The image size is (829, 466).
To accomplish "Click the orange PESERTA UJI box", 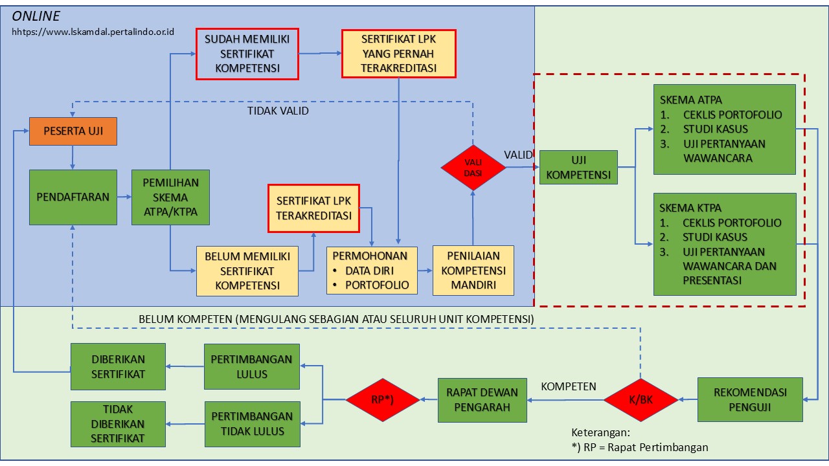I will (x=73, y=131).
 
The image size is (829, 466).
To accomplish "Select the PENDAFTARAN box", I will (x=73, y=197).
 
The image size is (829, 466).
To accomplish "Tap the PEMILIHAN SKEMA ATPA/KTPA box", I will (x=170, y=197).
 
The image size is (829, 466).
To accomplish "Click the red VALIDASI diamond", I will (x=473, y=167).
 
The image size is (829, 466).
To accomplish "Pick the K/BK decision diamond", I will (x=641, y=400).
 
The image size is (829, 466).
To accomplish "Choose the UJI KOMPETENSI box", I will (x=578, y=167).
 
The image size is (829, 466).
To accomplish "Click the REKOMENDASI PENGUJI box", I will (x=750, y=399).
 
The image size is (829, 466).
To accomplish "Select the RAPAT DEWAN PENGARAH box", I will (x=482, y=400).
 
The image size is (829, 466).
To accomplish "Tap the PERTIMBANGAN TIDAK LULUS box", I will (x=252, y=424).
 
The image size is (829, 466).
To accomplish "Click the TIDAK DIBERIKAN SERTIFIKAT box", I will (x=118, y=424).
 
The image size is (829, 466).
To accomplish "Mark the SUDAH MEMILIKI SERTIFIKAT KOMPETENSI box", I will (x=247, y=54).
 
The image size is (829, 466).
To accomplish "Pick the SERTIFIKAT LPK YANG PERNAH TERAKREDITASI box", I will (x=398, y=54).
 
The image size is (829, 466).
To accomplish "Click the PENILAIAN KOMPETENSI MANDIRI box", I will (x=473, y=271).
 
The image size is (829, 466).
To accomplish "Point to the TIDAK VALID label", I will (x=278, y=111).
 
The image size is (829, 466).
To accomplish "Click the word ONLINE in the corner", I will (x=36, y=16).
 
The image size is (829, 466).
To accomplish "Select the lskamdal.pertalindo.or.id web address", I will (x=93, y=32).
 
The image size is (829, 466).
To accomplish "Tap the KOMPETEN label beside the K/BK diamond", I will (x=568, y=386).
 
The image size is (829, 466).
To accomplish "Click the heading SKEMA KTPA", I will (x=690, y=208).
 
